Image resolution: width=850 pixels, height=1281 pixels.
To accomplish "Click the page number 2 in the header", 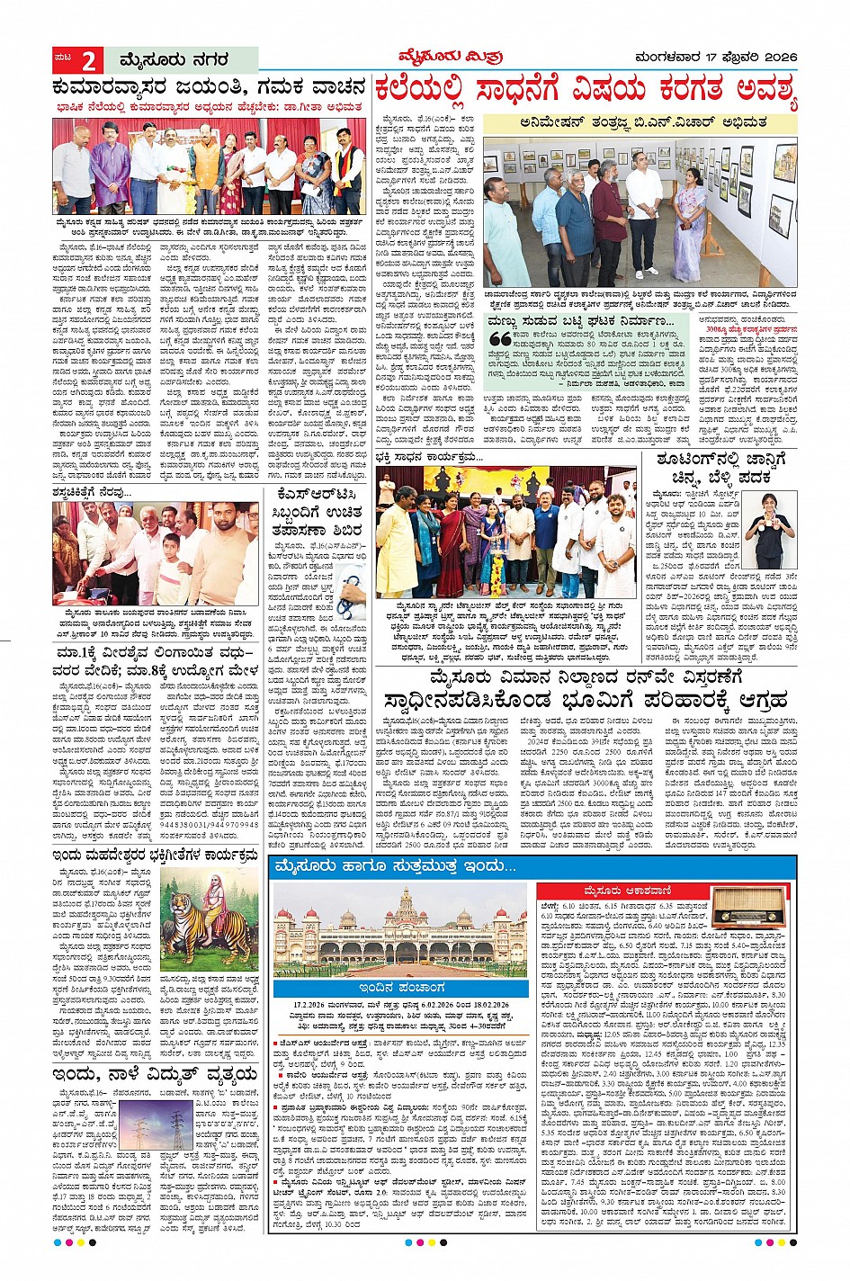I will (89, 61).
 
